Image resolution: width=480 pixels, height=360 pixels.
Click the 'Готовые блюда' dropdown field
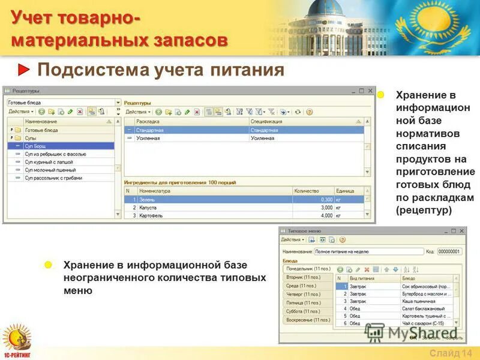point(63,103)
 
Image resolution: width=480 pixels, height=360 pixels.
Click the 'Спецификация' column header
point(266,121)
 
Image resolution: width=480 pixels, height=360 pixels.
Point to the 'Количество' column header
point(306,191)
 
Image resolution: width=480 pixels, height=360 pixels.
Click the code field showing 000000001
point(449,252)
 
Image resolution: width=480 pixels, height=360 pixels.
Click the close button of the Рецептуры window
point(370,91)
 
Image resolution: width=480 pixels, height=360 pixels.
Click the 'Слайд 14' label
point(451,352)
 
